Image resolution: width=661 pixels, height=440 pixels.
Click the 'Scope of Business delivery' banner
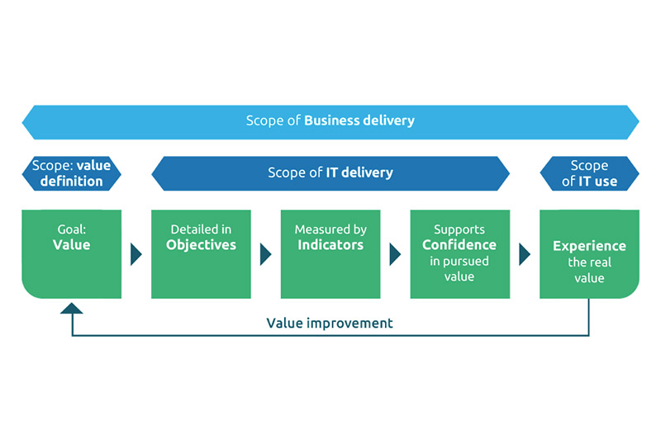click(x=330, y=122)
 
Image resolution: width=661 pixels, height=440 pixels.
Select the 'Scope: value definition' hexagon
click(x=71, y=173)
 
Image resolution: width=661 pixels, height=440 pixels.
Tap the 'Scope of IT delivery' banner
click(x=330, y=173)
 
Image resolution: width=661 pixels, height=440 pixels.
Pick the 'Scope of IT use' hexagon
click(x=589, y=173)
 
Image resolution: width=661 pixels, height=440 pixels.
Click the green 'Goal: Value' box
click(x=71, y=254)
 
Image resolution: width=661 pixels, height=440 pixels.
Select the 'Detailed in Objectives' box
click(x=201, y=254)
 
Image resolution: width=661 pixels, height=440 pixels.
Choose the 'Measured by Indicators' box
click(x=330, y=254)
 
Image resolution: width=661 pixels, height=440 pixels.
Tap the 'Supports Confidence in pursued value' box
click(x=460, y=254)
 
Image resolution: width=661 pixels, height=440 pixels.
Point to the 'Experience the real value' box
click(x=589, y=254)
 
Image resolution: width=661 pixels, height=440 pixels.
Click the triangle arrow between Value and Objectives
click(x=136, y=254)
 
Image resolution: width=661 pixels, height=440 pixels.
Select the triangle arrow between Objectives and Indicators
click(x=265, y=254)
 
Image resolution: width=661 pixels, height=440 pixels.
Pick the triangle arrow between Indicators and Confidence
click(x=395, y=254)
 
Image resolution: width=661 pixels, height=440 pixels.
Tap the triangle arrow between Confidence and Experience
click(x=524, y=254)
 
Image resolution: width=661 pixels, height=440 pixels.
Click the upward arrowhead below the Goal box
click(x=72, y=309)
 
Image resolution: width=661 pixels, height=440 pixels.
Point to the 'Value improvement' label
click(x=330, y=323)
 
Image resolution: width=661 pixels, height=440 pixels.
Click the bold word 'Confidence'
click(x=459, y=245)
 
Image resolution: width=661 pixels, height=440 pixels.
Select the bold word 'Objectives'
click(x=201, y=245)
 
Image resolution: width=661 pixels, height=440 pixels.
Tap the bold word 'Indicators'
click(x=330, y=245)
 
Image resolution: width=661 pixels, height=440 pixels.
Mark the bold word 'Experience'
click(x=589, y=246)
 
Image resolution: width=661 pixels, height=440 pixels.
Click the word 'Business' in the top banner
click(x=332, y=121)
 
